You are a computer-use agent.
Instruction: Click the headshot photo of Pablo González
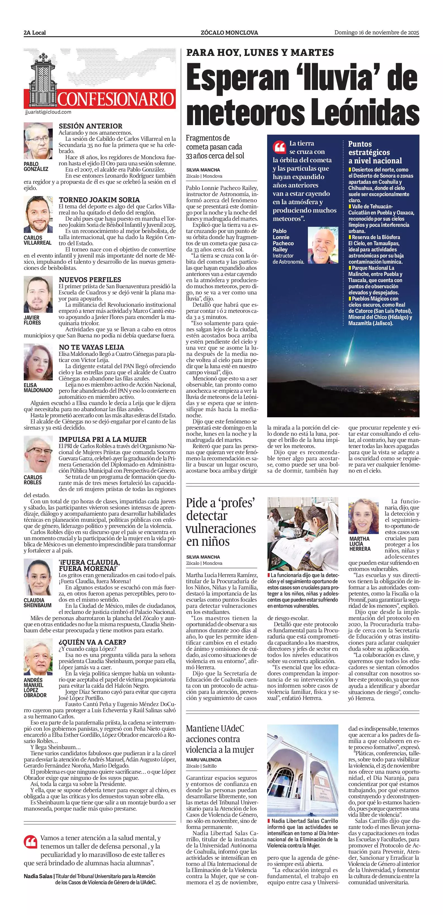tap(38, 141)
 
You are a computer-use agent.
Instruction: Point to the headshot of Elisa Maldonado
tap(38, 362)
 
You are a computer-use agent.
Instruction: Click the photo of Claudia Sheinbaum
tap(38, 577)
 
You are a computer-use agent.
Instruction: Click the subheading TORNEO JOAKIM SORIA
tap(99, 200)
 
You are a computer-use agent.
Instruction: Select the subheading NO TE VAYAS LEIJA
tap(92, 347)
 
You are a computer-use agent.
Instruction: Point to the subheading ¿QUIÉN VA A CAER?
tap(92, 642)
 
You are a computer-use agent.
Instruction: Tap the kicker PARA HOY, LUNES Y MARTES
tap(260, 53)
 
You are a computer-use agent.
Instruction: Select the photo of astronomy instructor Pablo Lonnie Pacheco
tap(323, 245)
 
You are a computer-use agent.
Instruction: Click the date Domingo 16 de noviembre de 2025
tap(377, 33)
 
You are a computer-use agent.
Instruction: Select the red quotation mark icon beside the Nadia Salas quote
tap(30, 842)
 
